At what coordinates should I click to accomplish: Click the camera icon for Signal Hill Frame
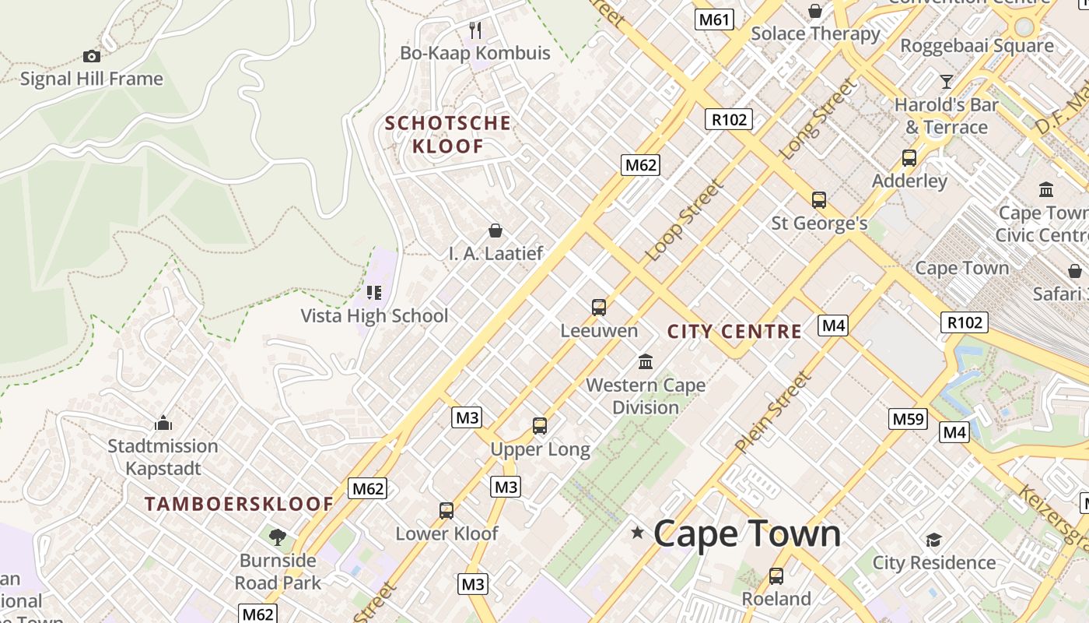coord(91,56)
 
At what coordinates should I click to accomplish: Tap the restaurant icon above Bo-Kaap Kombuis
coord(475,30)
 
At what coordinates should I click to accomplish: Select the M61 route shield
coord(713,19)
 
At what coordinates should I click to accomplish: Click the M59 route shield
coord(908,419)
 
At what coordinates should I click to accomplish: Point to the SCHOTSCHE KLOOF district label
coord(448,134)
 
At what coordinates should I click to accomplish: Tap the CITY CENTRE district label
coord(734,332)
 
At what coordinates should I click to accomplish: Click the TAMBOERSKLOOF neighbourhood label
coord(239,504)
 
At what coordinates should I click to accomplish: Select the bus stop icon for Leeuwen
coord(598,307)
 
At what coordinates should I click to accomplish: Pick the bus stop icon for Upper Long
coord(540,426)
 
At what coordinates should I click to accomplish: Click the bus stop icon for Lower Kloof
coord(446,511)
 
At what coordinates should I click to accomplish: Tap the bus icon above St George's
coord(818,200)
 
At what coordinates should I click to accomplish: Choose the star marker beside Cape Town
coord(638,533)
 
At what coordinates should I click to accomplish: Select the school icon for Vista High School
coord(374,293)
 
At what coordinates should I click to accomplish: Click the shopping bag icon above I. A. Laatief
coord(495,231)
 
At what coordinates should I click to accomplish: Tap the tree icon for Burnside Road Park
coord(277,537)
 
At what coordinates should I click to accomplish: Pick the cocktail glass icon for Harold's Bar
coord(946,81)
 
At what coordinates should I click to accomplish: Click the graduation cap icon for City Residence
coord(933,540)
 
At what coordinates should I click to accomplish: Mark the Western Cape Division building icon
coord(645,361)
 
